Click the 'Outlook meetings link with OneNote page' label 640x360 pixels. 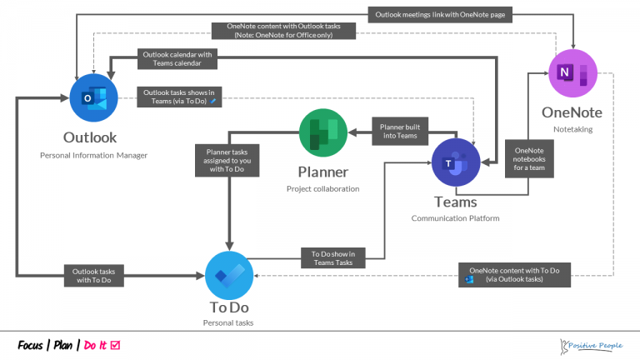tap(440, 13)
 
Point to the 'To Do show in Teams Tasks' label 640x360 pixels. tap(332, 258)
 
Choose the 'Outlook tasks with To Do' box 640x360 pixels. tap(94, 275)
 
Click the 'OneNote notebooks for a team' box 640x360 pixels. tap(528, 157)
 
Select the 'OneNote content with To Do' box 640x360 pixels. tap(514, 274)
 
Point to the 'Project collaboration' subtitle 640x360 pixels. tap(322, 189)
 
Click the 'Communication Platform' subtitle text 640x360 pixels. tap(455, 218)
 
